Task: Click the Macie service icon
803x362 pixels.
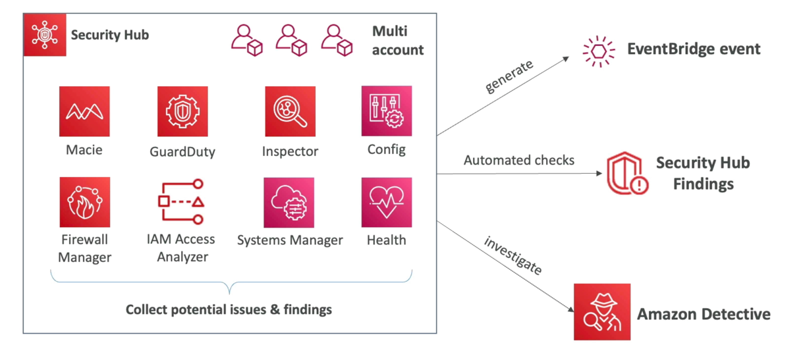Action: [84, 112]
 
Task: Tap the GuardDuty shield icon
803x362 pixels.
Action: [182, 112]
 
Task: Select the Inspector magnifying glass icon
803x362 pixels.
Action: [290, 112]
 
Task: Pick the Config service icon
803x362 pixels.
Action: [387, 111]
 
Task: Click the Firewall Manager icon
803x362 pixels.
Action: [84, 202]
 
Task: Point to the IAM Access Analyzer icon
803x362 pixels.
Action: [181, 202]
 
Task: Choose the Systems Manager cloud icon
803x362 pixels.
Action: [289, 202]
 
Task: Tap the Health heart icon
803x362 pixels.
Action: [387, 202]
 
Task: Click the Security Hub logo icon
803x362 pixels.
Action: [45, 34]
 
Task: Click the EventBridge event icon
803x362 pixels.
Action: [599, 51]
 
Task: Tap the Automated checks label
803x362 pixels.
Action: [519, 160]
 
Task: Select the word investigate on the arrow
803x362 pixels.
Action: [513, 255]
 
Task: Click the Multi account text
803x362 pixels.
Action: [397, 40]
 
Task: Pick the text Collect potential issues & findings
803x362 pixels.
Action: [229, 309]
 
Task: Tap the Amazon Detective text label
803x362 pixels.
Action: [704, 314]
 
